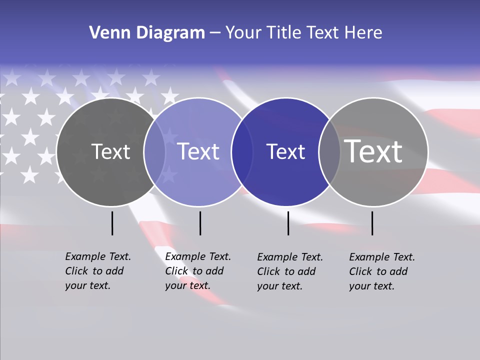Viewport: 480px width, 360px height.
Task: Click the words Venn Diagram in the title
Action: [x=147, y=33]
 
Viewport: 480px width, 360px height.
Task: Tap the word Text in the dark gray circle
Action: [x=111, y=152]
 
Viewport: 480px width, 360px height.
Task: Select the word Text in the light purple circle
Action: [x=198, y=152]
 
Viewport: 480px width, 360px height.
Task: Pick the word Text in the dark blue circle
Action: [x=286, y=152]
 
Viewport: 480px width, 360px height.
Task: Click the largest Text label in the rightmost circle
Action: [x=373, y=151]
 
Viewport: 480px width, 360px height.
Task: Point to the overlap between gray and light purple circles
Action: [x=154, y=152]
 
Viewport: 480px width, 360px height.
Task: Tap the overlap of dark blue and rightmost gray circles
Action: [x=329, y=152]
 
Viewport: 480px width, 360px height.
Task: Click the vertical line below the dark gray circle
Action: [x=112, y=223]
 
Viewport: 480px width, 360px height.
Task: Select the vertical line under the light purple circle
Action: [x=200, y=223]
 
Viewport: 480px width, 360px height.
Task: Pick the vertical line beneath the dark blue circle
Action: [x=288, y=223]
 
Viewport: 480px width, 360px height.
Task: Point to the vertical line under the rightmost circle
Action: [x=372, y=223]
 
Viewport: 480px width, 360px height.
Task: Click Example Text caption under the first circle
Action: [x=98, y=256]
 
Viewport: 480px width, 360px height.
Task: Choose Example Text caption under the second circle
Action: [x=198, y=256]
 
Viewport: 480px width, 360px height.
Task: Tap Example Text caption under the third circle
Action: [x=290, y=257]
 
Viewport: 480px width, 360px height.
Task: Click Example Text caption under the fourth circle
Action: [x=382, y=257]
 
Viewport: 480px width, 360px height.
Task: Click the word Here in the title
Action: [x=364, y=33]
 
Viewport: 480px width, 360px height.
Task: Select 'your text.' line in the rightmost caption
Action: [x=371, y=286]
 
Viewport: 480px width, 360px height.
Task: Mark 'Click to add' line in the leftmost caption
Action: [x=94, y=271]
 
